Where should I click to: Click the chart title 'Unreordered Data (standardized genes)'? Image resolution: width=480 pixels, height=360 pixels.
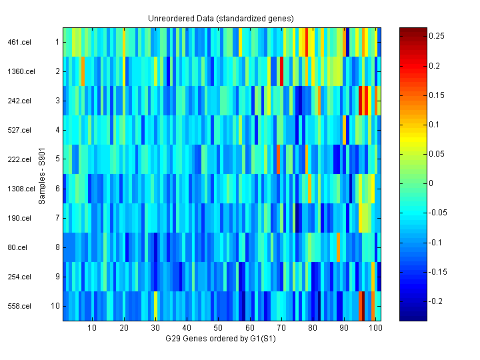pyautogui.click(x=221, y=18)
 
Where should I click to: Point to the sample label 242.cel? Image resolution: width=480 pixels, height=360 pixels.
pyautogui.click(x=17, y=101)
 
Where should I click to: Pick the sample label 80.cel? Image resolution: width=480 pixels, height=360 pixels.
pyautogui.click(x=19, y=247)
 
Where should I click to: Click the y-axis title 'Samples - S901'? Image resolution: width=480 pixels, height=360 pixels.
pyautogui.click(x=42, y=174)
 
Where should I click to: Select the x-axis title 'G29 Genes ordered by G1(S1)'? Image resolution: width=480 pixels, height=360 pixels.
pyautogui.click(x=221, y=339)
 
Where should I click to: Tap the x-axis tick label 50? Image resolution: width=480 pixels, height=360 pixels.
pyautogui.click(x=218, y=328)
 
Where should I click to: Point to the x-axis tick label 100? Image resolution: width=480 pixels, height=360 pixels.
pyautogui.click(x=375, y=328)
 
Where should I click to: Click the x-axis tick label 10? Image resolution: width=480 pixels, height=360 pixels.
pyautogui.click(x=92, y=328)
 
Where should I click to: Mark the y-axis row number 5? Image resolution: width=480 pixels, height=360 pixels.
pyautogui.click(x=57, y=159)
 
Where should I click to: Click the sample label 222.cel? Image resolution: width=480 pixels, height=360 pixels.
pyautogui.click(x=17, y=159)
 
